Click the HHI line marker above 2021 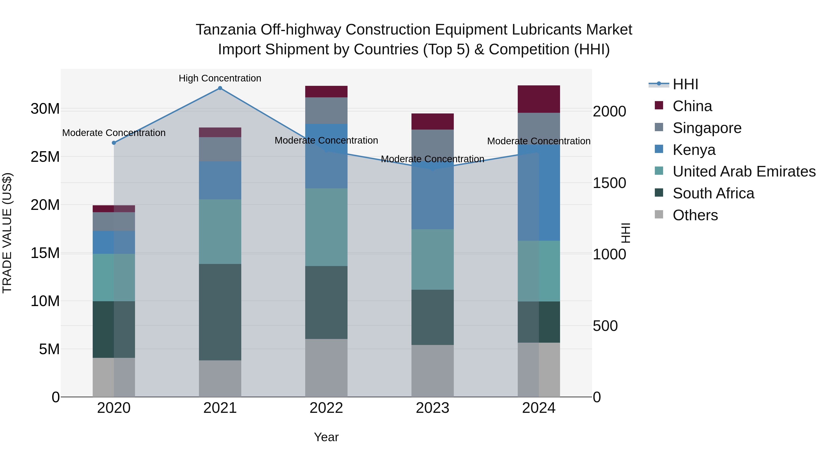coord(220,88)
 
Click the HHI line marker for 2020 coord(114,143)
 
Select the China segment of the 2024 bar coord(539,99)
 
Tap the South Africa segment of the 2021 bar coord(220,312)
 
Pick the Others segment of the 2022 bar coord(326,368)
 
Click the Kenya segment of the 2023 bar coord(432,199)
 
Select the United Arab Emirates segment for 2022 coord(326,227)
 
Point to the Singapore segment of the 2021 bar coord(220,149)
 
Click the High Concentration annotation coord(220,78)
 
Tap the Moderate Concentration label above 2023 coord(432,159)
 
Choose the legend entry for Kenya coord(694,150)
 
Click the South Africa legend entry coord(713,193)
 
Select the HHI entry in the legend coord(685,84)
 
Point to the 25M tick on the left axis coord(45,157)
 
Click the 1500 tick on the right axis coord(609,183)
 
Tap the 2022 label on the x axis coord(326,408)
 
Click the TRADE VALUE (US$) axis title coord(7,233)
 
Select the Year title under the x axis coord(326,437)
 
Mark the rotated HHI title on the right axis coord(626,233)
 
